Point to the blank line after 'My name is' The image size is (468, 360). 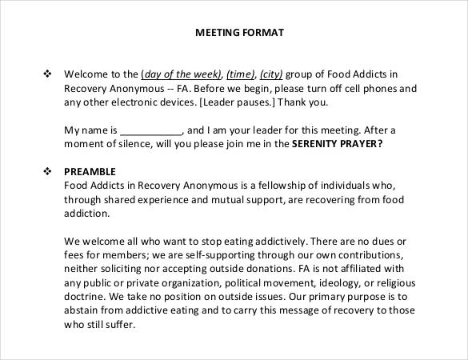coord(151,130)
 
